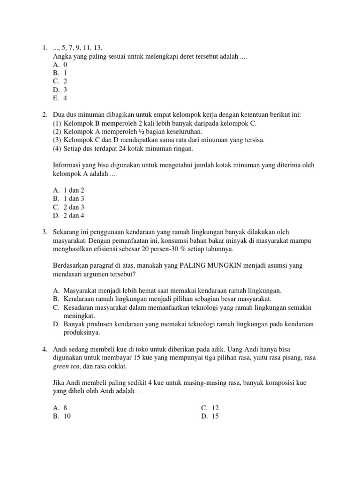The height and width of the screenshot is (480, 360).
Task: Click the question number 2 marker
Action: (x=44, y=115)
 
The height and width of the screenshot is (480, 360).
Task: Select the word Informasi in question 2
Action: (x=67, y=165)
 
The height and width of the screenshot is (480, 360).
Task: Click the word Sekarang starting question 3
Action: (x=69, y=232)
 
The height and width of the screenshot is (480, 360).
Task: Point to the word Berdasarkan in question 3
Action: (x=73, y=265)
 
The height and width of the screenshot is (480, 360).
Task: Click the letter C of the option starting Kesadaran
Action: (x=56, y=307)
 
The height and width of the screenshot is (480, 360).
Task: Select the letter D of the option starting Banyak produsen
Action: (x=56, y=324)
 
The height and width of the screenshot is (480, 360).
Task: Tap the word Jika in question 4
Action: (x=60, y=383)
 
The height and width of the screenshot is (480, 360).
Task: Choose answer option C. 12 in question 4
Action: (x=210, y=408)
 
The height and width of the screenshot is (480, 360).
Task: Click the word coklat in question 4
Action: (x=118, y=366)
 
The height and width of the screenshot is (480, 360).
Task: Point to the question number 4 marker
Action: (x=44, y=349)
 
